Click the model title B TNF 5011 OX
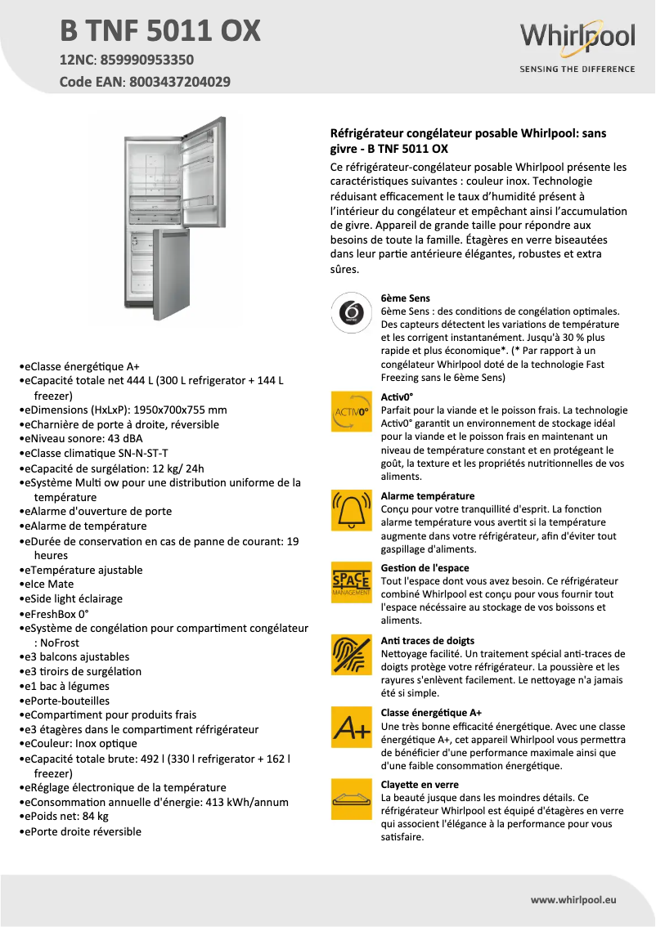click(x=160, y=31)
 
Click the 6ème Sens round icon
click(x=350, y=313)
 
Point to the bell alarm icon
click(x=350, y=509)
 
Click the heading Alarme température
click(x=428, y=496)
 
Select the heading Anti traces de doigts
click(x=428, y=641)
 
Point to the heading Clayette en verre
click(x=420, y=785)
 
